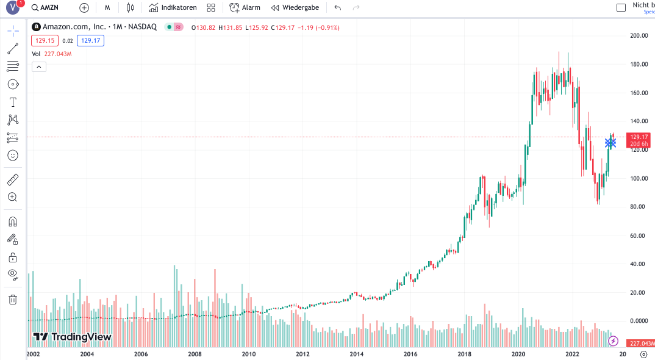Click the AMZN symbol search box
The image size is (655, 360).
(x=45, y=7)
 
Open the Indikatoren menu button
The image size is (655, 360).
(x=173, y=7)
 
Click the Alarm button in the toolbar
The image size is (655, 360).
(x=245, y=7)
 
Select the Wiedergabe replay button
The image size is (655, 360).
(x=295, y=7)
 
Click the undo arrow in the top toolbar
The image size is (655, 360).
(x=337, y=7)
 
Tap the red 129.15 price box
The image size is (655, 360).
(x=45, y=40)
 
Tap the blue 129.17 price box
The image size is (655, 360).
(x=91, y=40)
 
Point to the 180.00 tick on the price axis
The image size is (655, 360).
(x=639, y=65)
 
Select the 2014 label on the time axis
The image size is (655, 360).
(x=356, y=354)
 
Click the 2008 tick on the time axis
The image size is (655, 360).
(x=195, y=354)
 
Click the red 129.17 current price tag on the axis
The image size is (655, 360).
(x=639, y=140)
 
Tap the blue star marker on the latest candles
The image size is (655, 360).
(x=610, y=143)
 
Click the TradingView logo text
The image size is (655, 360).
(x=72, y=337)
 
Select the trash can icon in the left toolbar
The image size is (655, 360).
(x=13, y=300)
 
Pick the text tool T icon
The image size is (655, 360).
(x=13, y=103)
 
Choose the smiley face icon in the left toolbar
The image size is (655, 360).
(x=13, y=156)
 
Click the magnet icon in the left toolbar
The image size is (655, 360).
(x=13, y=221)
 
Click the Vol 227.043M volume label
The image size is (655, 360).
(x=52, y=54)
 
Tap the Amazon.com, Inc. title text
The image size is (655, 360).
(x=74, y=27)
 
